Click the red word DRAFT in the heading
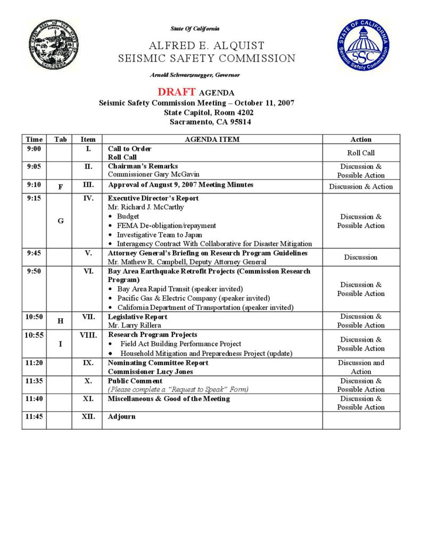[177, 92]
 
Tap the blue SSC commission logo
[362, 45]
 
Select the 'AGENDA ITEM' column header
[212, 139]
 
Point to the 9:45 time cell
[34, 253]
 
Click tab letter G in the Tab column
[60, 221]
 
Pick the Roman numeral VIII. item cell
[87, 335]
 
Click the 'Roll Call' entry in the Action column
[361, 153]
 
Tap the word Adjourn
[122, 416]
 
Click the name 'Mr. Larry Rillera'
[134, 325]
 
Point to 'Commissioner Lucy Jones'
[151, 372]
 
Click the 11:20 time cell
[34, 363]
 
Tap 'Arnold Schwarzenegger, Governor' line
[195, 75]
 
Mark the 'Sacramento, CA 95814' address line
[210, 122]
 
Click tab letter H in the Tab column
[60, 321]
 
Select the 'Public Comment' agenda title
[135, 381]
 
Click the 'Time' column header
[34, 139]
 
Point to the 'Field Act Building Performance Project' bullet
[180, 344]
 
